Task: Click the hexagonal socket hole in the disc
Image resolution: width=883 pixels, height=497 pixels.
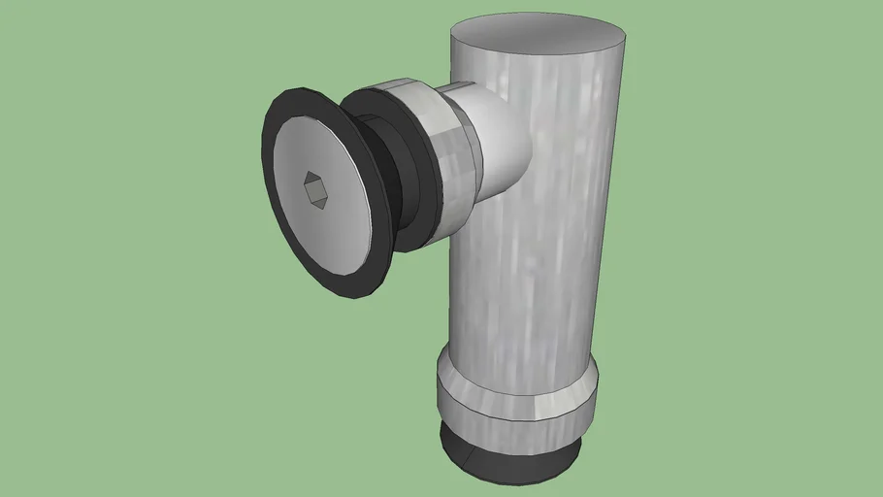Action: pyautogui.click(x=315, y=190)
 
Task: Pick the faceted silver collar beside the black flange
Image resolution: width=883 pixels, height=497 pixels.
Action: pyautogui.click(x=452, y=160)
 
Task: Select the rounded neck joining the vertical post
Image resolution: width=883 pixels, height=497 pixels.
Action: pyautogui.click(x=500, y=136)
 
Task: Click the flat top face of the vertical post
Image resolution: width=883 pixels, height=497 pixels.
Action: pyautogui.click(x=538, y=39)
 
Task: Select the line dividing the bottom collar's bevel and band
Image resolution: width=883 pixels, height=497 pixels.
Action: pyautogui.click(x=514, y=399)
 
